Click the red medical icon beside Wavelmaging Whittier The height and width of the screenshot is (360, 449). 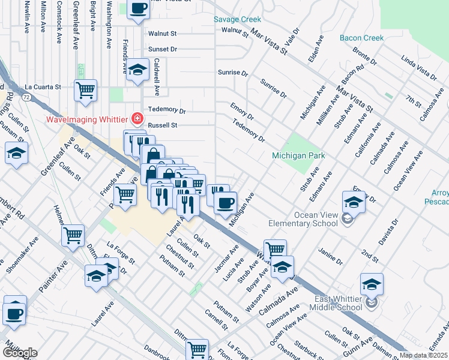(138, 119)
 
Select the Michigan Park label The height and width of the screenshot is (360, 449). (298, 155)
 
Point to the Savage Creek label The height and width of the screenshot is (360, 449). (238, 19)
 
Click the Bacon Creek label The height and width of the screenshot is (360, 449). (361, 38)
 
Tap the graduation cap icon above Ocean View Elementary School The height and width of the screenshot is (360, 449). (354, 202)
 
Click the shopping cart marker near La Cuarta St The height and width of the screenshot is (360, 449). (86, 90)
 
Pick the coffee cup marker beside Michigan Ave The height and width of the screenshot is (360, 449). (225, 202)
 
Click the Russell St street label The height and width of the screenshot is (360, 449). (163, 126)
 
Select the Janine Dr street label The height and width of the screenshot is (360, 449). (330, 256)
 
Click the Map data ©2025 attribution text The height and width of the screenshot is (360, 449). (424, 355)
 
